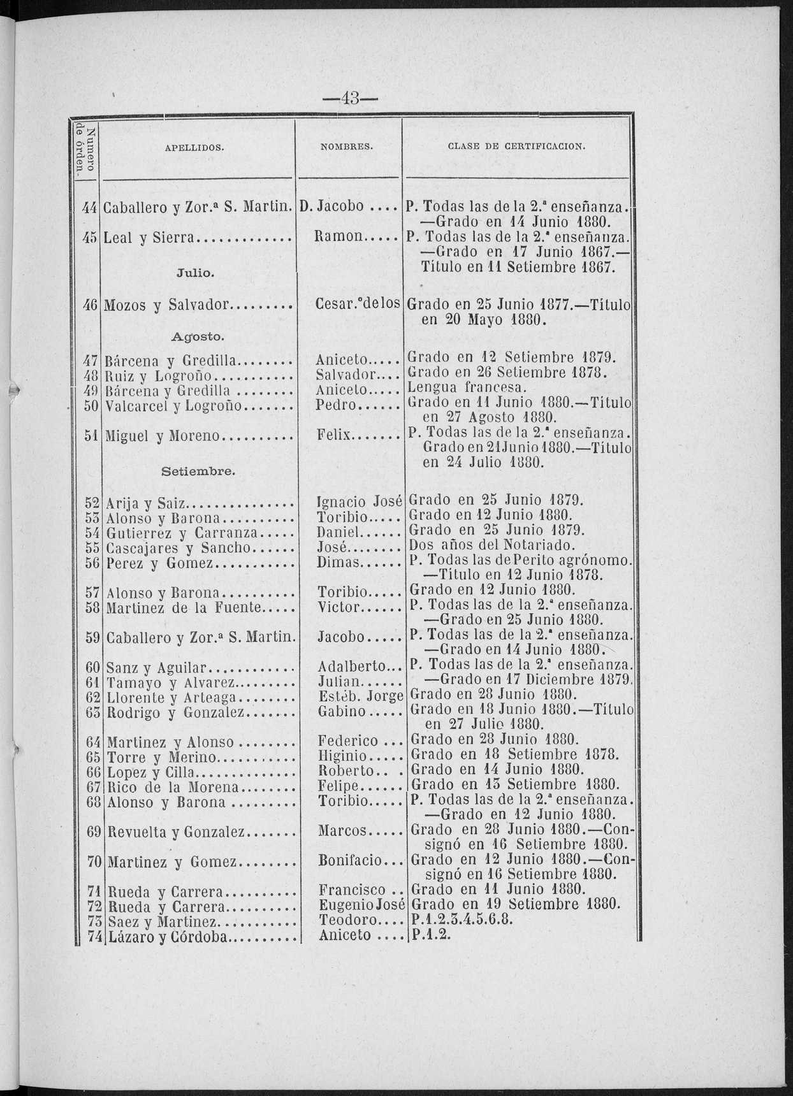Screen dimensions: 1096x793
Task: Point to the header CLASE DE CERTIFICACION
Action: click(x=516, y=147)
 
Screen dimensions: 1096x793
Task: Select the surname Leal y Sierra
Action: click(x=148, y=238)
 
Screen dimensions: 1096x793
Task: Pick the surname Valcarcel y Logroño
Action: click(x=170, y=404)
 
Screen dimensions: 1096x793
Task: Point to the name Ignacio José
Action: click(x=360, y=501)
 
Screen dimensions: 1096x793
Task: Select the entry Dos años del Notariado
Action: click(x=491, y=546)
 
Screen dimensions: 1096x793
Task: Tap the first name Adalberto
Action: click(x=353, y=668)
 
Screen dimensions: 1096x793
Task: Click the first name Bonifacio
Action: click(x=354, y=862)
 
